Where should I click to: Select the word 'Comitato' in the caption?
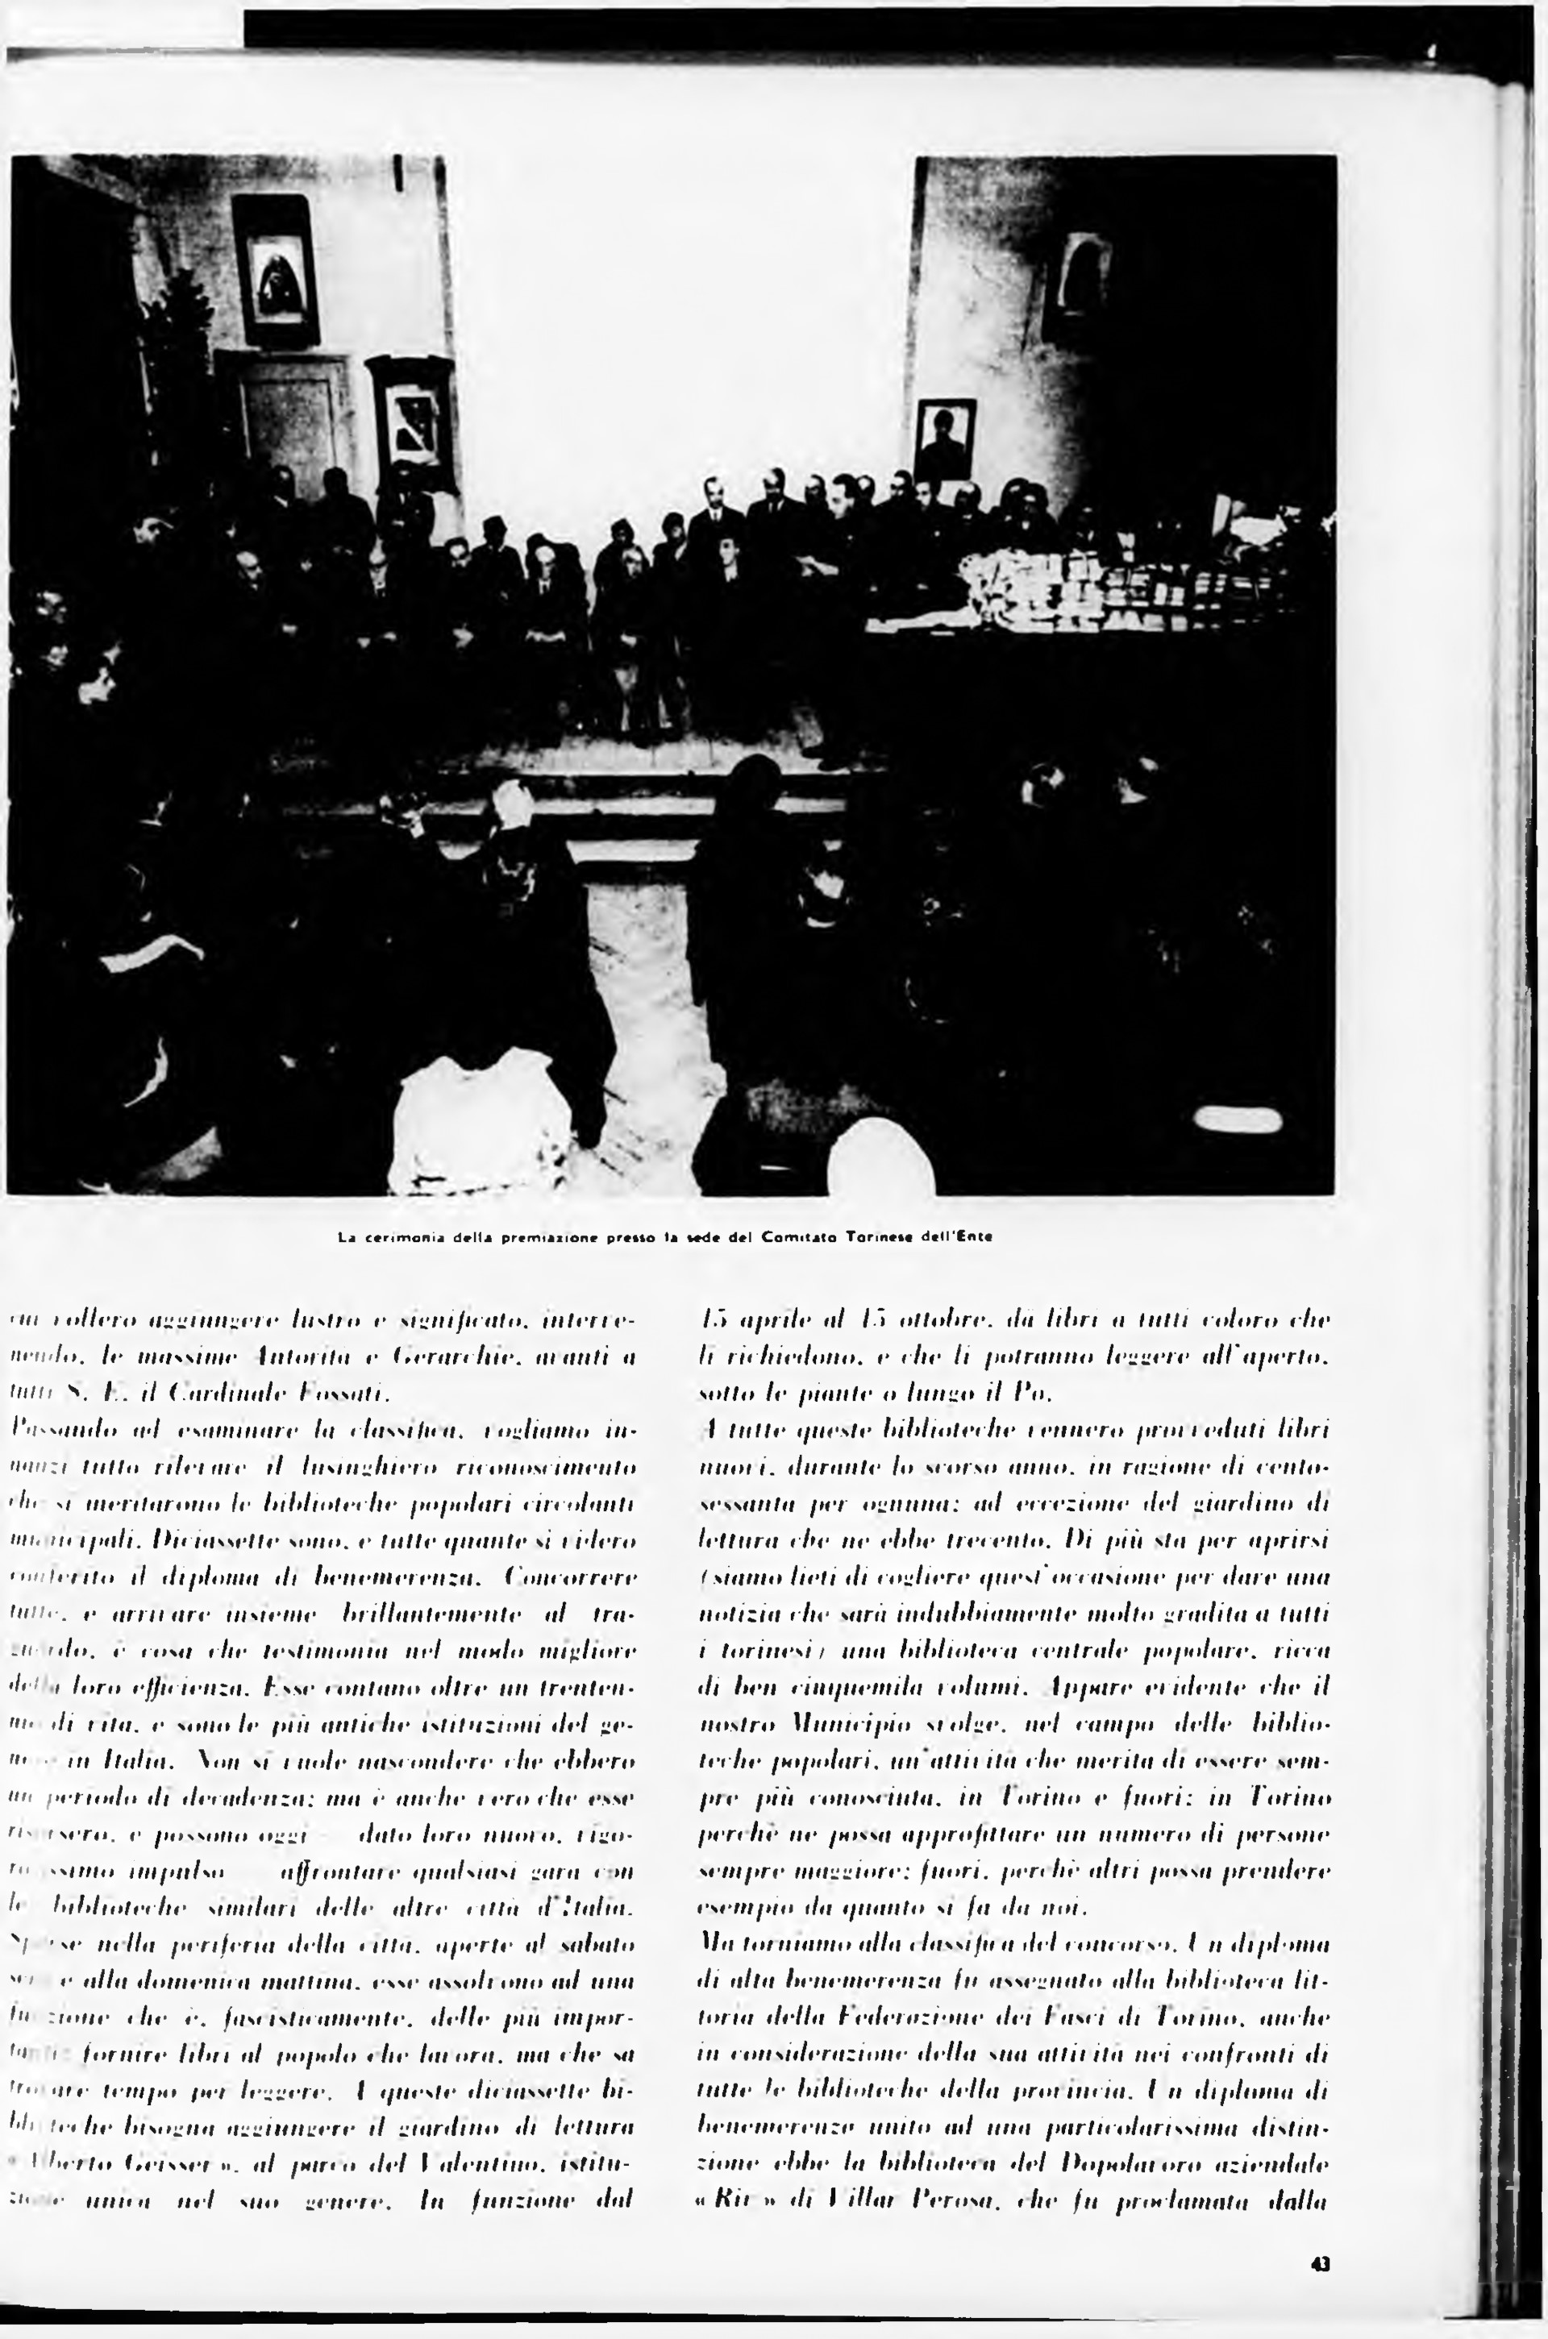tap(800, 1236)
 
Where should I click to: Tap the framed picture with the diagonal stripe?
tap(410, 422)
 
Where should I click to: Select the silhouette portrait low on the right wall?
tap(945, 439)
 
